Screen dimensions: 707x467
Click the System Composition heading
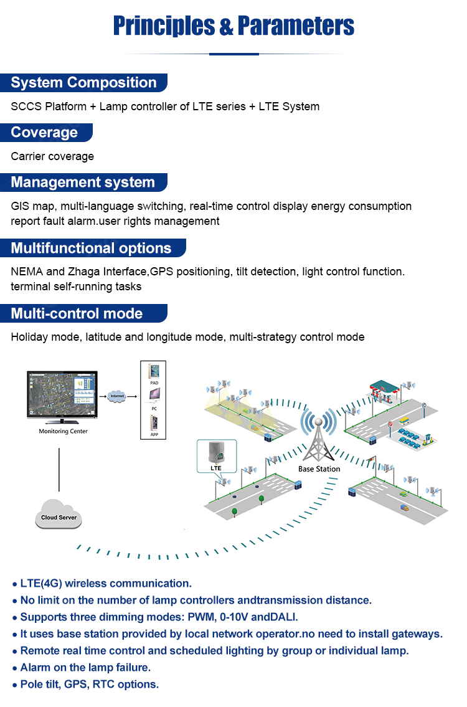click(84, 83)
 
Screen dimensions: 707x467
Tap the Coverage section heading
click(45, 133)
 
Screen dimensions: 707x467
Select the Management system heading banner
click(83, 183)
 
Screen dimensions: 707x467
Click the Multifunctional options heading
click(91, 249)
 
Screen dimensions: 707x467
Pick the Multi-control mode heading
click(77, 313)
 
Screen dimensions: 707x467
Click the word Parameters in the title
click(296, 26)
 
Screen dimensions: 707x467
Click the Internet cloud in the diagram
click(116, 396)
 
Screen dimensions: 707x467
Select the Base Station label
click(319, 469)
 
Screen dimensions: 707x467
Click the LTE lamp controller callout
click(216, 456)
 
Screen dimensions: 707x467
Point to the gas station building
click(384, 391)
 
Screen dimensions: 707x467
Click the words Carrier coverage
click(52, 156)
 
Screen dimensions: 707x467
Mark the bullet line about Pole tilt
click(89, 684)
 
